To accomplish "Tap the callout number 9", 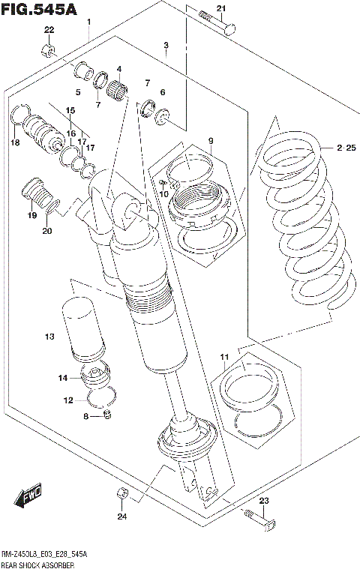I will coord(211,140).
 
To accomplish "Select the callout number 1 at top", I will coord(89,21).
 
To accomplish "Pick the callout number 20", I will coord(46,230).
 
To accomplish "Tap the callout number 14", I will coord(63,378).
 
